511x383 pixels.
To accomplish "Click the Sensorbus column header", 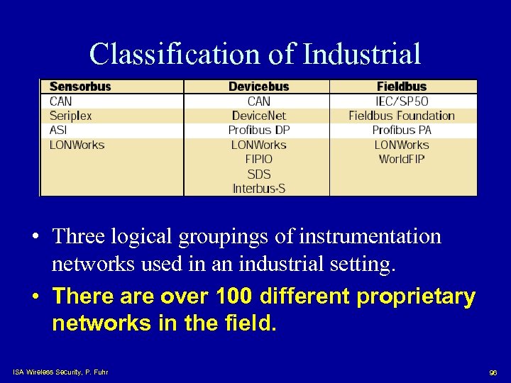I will click(x=80, y=87).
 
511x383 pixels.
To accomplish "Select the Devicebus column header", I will click(x=258, y=87).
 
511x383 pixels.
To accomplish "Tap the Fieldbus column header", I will click(x=402, y=87).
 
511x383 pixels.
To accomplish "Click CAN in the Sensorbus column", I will click(x=61, y=101).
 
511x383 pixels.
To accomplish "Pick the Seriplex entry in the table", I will click(x=70, y=116).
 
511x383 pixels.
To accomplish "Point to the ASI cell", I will click(x=59, y=131).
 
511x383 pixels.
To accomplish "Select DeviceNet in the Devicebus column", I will click(x=258, y=116).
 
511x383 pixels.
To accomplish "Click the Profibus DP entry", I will click(x=258, y=131).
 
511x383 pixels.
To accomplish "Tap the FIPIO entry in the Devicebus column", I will click(x=258, y=160).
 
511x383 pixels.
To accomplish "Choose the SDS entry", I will click(x=258, y=174).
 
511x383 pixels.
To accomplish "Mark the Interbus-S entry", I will click(x=258, y=189).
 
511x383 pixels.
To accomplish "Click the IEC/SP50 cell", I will click(x=402, y=101).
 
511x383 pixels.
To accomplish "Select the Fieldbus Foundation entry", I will click(x=402, y=116).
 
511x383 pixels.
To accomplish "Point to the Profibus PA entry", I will click(x=402, y=131).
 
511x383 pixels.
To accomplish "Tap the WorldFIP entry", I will click(x=402, y=160).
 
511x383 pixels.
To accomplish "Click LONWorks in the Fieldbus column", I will click(x=402, y=145).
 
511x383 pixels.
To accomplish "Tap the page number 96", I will click(x=493, y=372).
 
